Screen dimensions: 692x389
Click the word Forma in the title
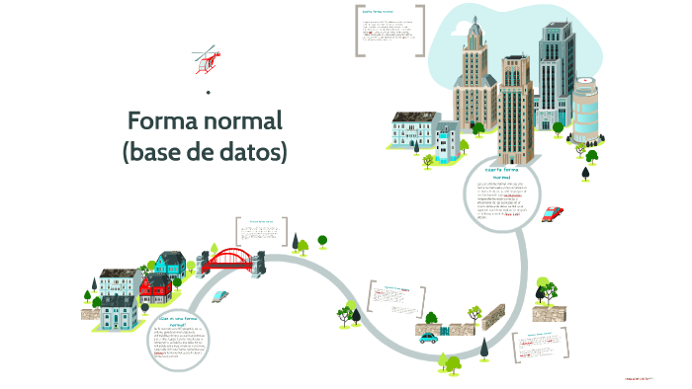click(168, 121)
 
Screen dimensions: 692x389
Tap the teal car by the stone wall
click(428, 337)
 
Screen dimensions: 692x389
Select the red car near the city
click(554, 212)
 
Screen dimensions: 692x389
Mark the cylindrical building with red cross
click(586, 110)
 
